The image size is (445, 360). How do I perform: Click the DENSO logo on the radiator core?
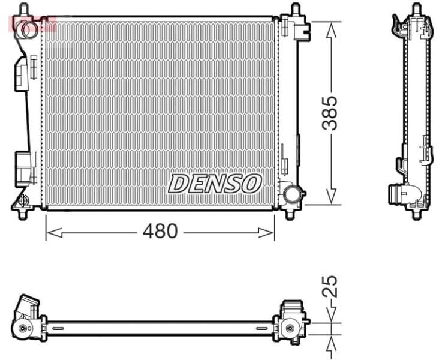(x=215, y=184)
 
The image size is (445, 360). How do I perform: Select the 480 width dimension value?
(x=160, y=231)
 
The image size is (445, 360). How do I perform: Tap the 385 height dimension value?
(x=330, y=112)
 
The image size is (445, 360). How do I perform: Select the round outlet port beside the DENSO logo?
(x=293, y=194)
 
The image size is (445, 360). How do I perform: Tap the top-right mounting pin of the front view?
(x=295, y=10)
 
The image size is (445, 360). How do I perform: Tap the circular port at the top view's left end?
(x=24, y=328)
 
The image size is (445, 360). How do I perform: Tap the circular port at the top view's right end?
(x=290, y=328)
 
